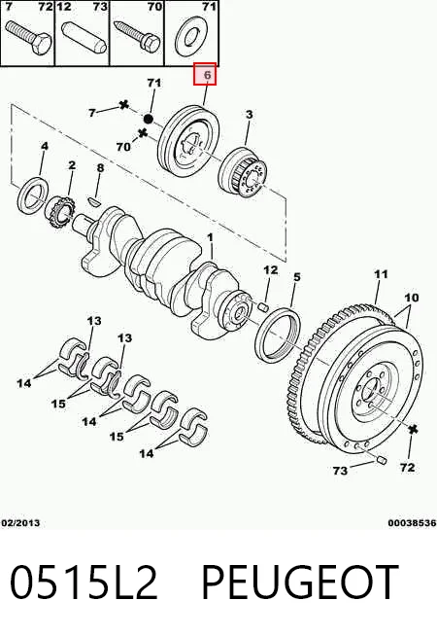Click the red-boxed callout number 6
coord(208,75)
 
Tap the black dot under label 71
coord(149,119)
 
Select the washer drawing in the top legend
coord(191,37)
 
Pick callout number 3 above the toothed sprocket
coord(249,115)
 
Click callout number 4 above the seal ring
coord(45,146)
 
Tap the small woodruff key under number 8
coord(95,199)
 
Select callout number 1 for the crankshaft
coord(210,237)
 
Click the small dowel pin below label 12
coord(263,306)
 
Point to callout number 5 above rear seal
coord(297,277)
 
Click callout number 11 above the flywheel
coord(381,274)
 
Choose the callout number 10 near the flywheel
coord(411,298)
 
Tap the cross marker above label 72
coord(413,430)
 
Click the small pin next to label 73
coord(381,460)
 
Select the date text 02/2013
coord(20,523)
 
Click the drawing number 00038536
coord(412,523)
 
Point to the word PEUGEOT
coord(300,582)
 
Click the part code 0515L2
coord(84,582)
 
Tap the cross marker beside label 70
coord(142,132)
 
